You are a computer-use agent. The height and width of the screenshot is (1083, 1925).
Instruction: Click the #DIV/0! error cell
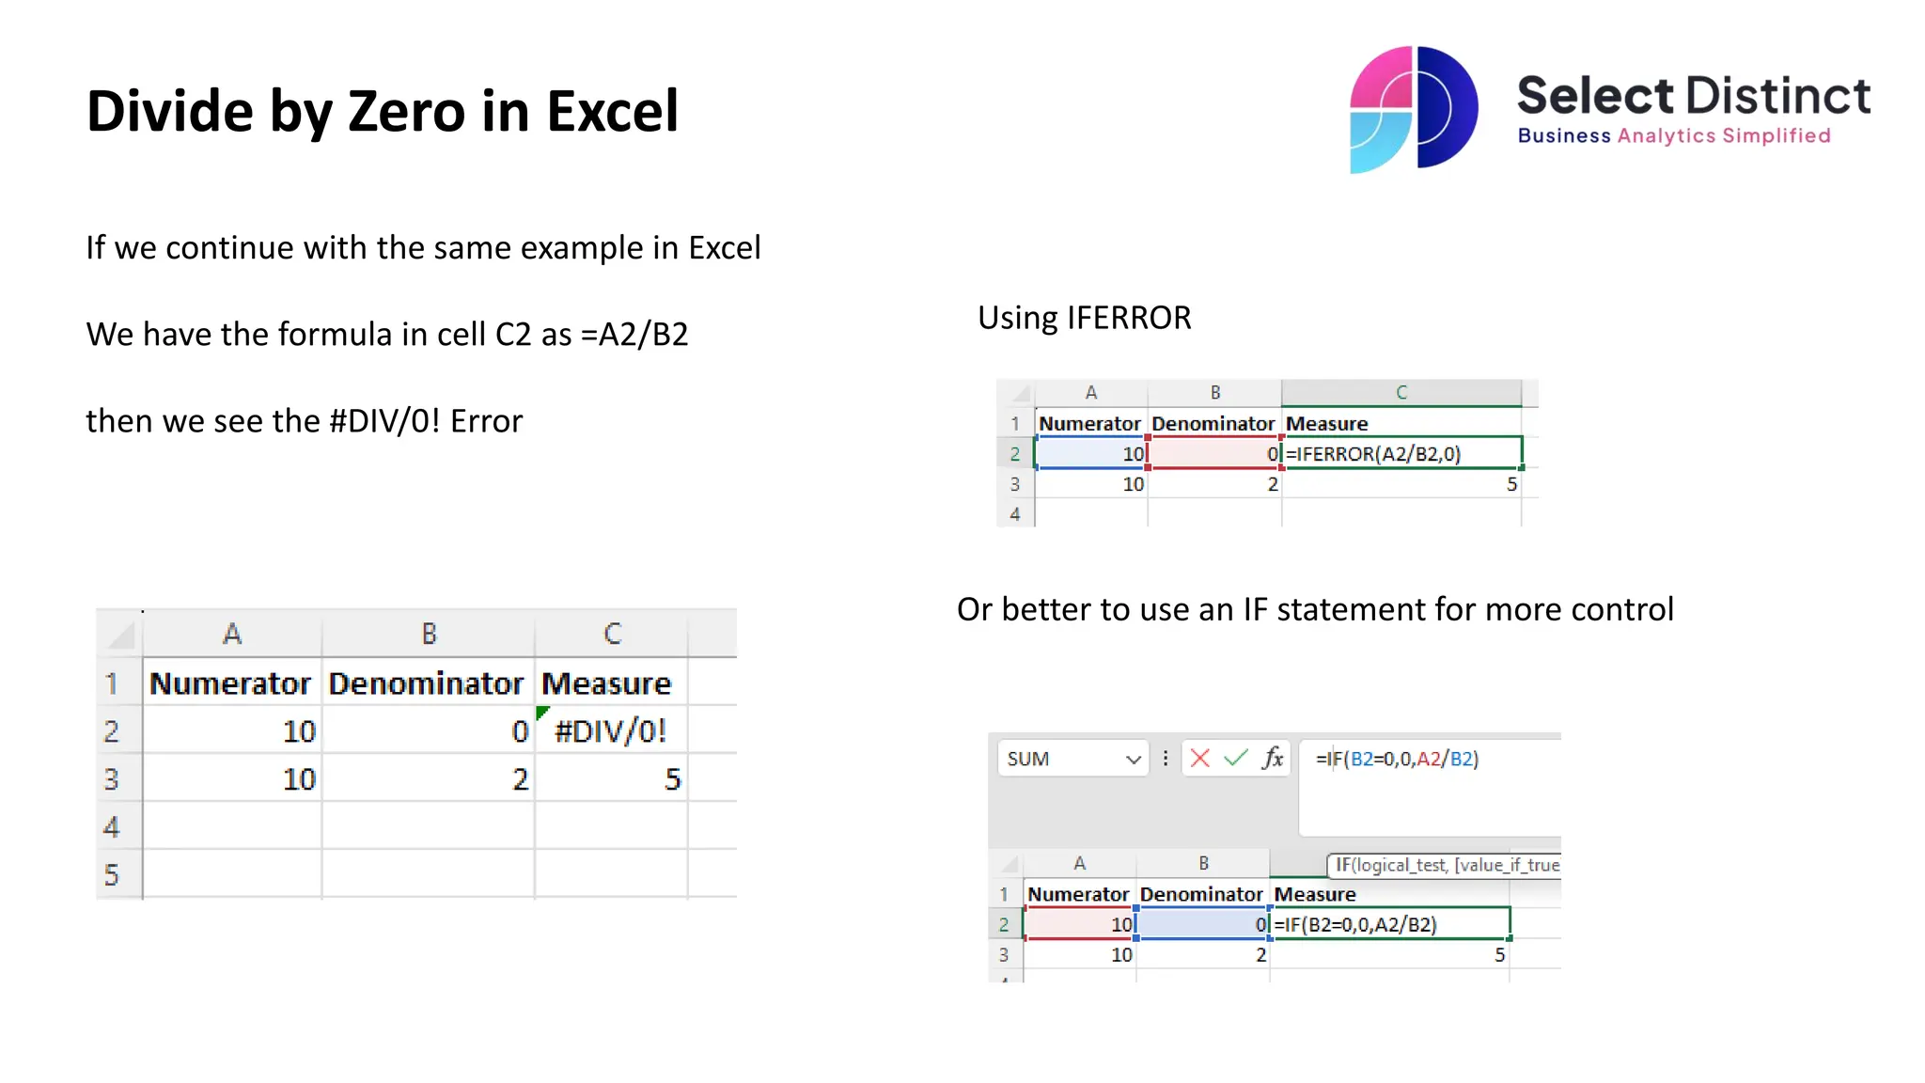pos(610,730)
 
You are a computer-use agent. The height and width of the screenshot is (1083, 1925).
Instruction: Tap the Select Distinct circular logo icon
pos(1413,109)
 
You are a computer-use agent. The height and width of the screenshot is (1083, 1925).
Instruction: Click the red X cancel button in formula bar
pos(1199,759)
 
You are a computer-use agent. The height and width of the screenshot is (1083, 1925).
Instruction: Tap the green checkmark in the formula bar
pos(1236,759)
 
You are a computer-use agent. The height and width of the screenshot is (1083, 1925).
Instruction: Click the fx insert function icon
pos(1273,759)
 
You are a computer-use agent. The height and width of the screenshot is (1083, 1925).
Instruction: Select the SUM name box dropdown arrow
pos(1134,760)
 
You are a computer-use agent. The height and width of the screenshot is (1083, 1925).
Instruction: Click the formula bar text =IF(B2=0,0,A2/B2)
pos(1397,759)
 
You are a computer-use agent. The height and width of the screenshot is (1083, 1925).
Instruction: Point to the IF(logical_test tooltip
pos(1446,865)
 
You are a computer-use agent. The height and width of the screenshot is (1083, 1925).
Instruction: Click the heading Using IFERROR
pos(1084,318)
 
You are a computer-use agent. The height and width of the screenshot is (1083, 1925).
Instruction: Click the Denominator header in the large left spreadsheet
pos(426,683)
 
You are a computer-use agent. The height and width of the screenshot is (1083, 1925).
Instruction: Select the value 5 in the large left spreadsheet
pos(672,779)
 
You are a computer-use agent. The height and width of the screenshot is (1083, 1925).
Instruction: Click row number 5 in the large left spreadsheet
pos(112,874)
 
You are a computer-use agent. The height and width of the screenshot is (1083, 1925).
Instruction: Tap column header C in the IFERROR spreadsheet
pos(1401,392)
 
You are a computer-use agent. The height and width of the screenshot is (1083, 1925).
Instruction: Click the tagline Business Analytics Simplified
pos(1673,136)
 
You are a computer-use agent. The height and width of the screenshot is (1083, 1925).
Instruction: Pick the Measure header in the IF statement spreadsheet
pos(1314,894)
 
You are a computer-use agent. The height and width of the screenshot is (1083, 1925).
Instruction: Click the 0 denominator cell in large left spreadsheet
pos(520,731)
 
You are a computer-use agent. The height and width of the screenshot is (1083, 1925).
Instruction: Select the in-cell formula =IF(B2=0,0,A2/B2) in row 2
pos(1355,924)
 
